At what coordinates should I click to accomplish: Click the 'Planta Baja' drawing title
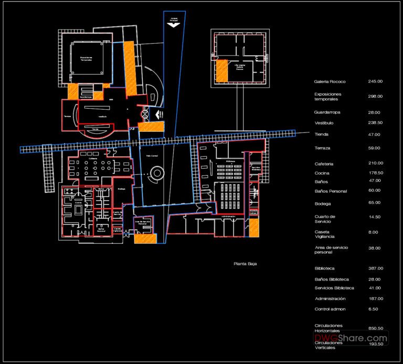click(x=245, y=264)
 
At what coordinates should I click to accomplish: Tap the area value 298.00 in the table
click(x=375, y=96)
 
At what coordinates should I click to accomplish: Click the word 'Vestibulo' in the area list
click(x=324, y=123)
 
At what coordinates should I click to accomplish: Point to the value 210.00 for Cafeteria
click(x=375, y=163)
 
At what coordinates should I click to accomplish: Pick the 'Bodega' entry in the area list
click(x=323, y=203)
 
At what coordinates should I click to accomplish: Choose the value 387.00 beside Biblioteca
click(x=375, y=268)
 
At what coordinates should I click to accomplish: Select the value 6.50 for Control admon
click(x=375, y=309)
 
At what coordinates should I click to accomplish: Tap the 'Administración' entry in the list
click(x=330, y=299)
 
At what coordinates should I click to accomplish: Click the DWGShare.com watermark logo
click(x=351, y=338)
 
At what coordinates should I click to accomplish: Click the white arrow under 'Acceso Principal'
click(x=174, y=25)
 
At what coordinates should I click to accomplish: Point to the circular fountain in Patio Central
click(x=156, y=173)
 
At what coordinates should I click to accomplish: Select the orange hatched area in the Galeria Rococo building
click(x=222, y=71)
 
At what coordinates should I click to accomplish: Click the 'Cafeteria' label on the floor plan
click(x=94, y=158)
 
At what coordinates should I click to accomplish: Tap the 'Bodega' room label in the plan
click(x=121, y=189)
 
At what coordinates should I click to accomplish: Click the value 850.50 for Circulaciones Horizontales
click(x=375, y=328)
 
